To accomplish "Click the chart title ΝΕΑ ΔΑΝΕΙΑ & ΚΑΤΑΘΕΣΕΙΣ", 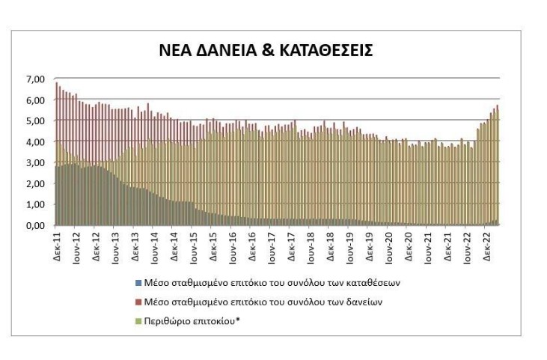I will (275, 50).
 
